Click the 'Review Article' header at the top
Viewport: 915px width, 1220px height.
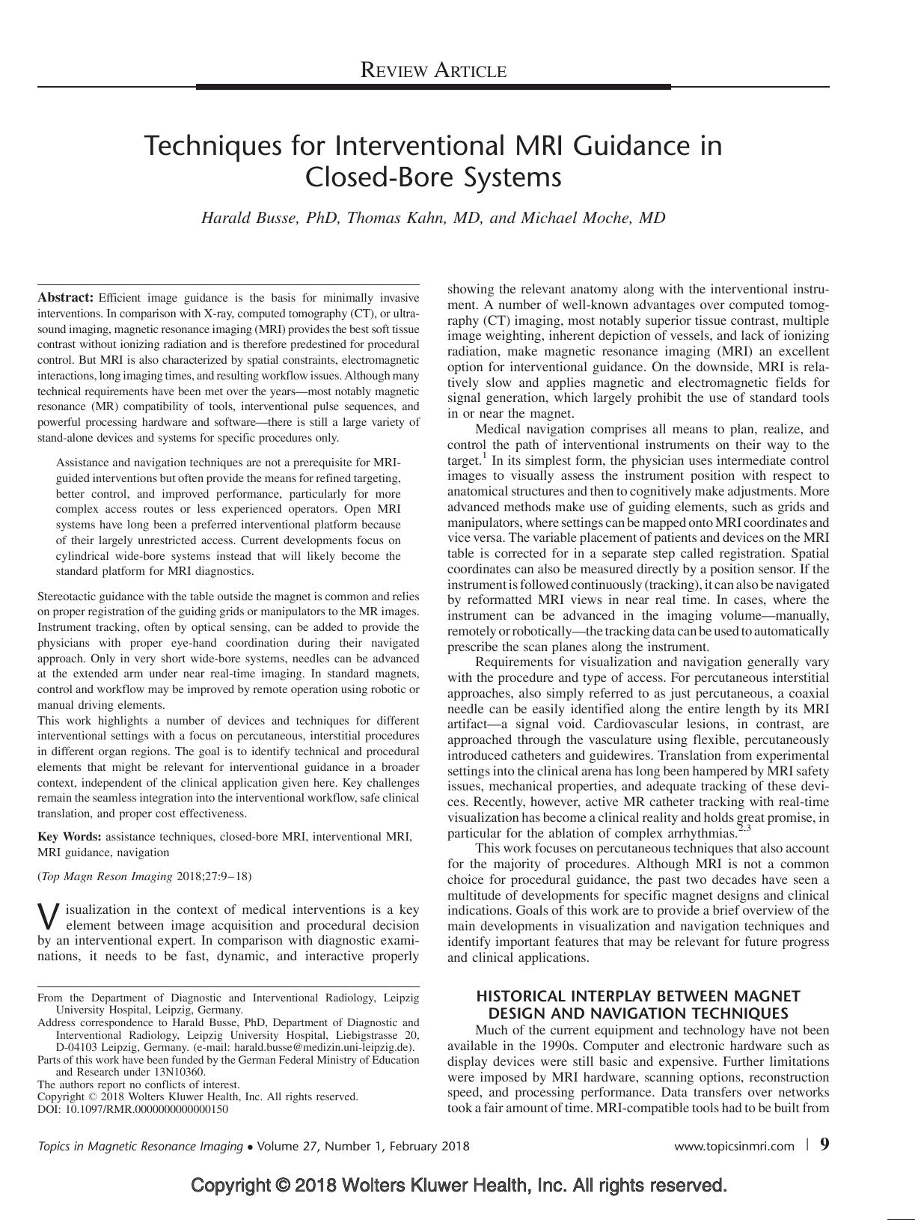[433, 71]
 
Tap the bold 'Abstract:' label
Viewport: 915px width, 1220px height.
[66, 297]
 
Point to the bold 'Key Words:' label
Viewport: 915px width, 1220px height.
[70, 837]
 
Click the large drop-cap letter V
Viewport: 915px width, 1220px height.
[48, 916]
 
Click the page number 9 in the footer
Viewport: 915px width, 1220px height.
[824, 1144]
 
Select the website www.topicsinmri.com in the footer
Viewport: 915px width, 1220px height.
[734, 1146]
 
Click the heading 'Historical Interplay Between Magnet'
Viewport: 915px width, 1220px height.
[638, 996]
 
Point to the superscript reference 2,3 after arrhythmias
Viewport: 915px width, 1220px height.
[744, 829]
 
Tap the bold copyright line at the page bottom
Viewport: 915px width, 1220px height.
[459, 1186]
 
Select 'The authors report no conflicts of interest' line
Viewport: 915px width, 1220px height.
[138, 1084]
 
